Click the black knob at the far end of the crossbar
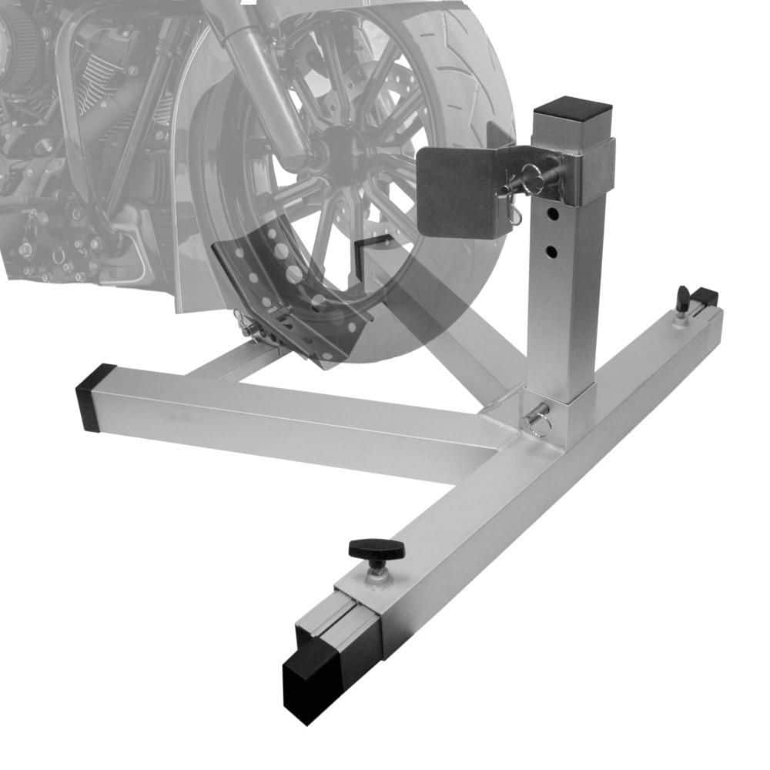point(682,293)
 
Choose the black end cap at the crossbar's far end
point(705,297)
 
